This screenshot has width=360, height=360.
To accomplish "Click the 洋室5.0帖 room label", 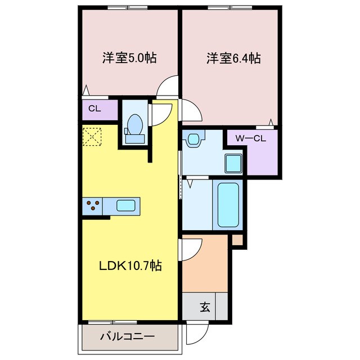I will [129, 57].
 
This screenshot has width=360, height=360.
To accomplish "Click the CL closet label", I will [94, 109].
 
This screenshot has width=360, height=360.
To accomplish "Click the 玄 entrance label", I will [205, 307].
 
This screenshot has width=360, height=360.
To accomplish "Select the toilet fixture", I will [135, 127].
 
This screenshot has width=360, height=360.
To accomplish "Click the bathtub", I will [228, 204].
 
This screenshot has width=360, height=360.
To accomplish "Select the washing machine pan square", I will [233, 164].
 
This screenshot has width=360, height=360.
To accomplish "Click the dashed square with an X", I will [91, 136].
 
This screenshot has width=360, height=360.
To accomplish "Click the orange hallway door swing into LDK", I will [191, 249].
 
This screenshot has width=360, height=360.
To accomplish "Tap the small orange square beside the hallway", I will [237, 240].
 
